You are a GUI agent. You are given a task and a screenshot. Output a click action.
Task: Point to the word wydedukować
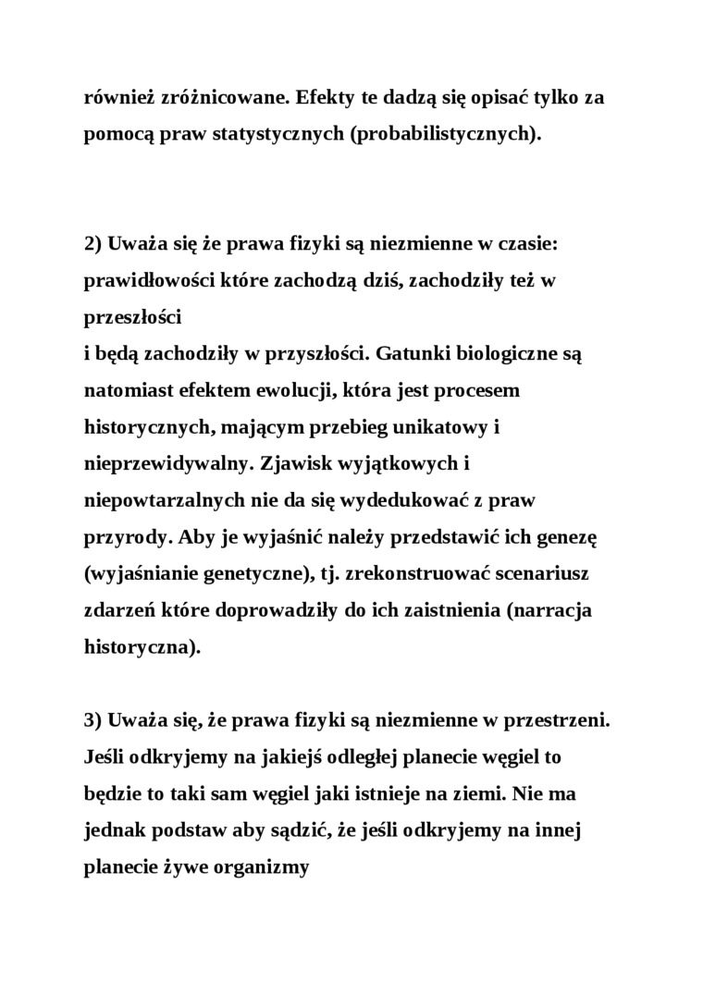pos(407,500)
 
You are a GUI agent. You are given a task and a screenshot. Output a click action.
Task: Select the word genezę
pos(548,537)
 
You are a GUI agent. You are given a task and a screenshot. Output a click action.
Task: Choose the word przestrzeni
pos(561,720)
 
